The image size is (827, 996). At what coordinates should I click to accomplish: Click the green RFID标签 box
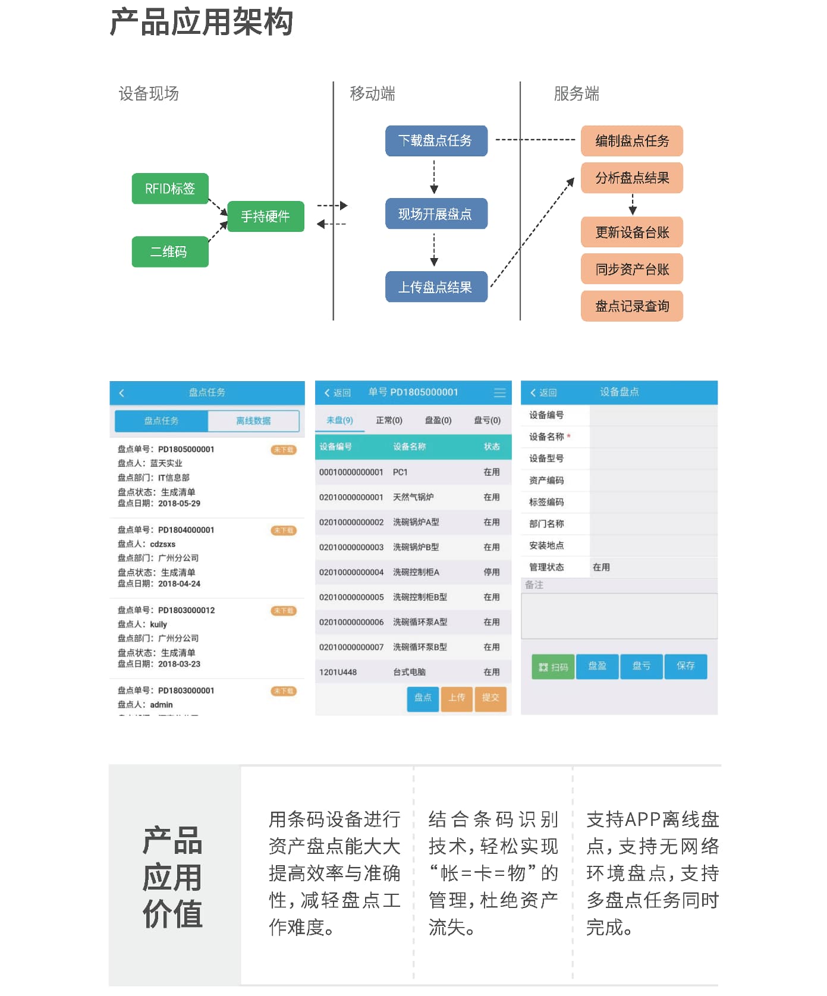tap(170, 188)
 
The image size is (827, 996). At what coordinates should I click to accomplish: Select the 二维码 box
tap(170, 252)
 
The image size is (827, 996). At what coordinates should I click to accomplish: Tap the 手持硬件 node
tap(265, 216)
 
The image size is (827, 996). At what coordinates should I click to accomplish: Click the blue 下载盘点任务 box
tap(436, 141)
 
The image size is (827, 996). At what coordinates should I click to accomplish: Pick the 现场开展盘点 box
tap(436, 214)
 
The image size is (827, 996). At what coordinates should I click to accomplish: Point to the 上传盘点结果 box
tap(436, 287)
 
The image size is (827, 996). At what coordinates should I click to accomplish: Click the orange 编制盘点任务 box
tap(632, 141)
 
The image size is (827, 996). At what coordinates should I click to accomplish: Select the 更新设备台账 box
tap(632, 232)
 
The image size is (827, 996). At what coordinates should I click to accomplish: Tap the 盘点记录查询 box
tap(632, 306)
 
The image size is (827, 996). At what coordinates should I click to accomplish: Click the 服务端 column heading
tap(576, 93)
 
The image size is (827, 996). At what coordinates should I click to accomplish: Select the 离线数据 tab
tap(253, 421)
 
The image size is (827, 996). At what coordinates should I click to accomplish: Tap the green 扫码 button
tap(553, 667)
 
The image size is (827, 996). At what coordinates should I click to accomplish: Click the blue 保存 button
tap(686, 666)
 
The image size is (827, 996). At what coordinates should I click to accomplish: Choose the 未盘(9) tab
tap(339, 420)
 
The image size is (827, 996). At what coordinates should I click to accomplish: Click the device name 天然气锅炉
tap(413, 497)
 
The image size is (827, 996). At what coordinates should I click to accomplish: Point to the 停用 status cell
tap(492, 572)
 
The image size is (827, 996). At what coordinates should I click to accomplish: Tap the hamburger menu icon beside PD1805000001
tap(500, 393)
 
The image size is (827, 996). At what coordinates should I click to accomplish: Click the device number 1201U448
tap(338, 673)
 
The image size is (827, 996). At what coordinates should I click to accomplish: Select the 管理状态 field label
tap(546, 567)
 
